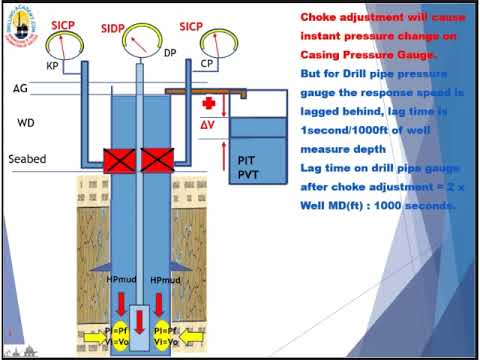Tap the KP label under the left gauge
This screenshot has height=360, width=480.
point(53,65)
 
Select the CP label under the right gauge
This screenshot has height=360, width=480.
point(207,63)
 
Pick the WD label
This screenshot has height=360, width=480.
point(27,123)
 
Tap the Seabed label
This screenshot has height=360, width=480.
point(27,159)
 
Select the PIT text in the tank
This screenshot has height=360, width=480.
point(249,160)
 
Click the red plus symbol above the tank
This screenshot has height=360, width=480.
point(209,104)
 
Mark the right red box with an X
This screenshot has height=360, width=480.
point(158,159)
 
